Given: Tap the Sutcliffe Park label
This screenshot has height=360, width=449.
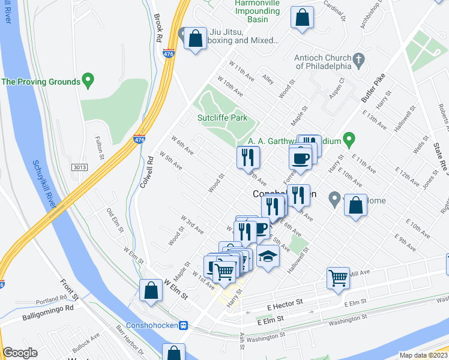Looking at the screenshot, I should (x=223, y=118).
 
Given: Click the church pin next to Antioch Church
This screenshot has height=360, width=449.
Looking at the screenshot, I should (x=358, y=59).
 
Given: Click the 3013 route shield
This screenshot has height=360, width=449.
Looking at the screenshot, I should (x=79, y=166).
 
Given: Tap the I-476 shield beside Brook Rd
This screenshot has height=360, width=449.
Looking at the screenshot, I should (x=169, y=53).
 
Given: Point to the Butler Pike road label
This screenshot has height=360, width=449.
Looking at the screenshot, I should (x=372, y=88).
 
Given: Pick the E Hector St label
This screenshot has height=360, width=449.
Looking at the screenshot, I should (x=286, y=306).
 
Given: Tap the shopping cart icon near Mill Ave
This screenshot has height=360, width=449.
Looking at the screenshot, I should (x=338, y=278).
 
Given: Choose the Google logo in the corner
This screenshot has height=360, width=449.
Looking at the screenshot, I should (x=20, y=353).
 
